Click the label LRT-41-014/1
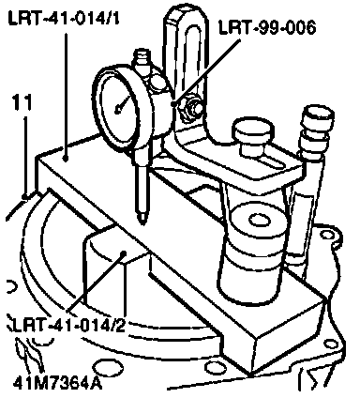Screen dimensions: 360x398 point(64,19)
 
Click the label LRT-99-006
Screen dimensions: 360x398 point(267,27)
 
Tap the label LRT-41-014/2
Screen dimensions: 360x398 point(66,326)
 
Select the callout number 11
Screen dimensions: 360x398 point(22,102)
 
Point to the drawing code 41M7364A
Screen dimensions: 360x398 point(58,383)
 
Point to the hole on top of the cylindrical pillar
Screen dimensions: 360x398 point(261,220)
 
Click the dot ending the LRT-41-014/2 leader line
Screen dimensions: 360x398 point(124,253)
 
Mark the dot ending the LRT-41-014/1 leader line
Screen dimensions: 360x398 point(66,159)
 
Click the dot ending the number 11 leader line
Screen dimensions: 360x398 point(24,196)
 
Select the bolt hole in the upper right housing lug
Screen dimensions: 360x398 point(327,235)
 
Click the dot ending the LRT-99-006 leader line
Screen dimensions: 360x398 point(173,103)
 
